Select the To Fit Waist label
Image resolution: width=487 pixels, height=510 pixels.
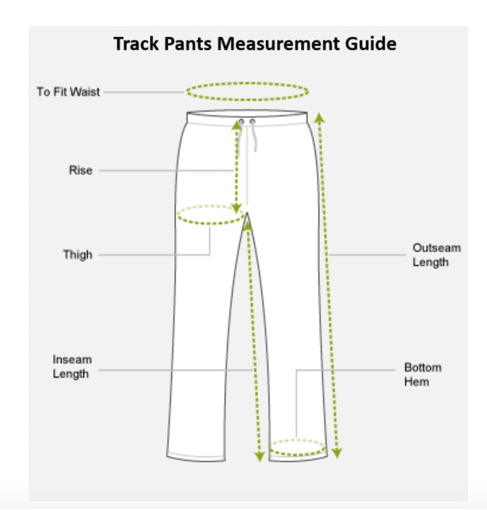pyautogui.click(x=68, y=92)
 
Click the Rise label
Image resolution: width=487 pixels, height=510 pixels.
pyautogui.click(x=80, y=170)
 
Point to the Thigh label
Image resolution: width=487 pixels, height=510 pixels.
pyautogui.click(x=78, y=255)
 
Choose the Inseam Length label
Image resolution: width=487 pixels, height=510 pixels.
pyautogui.click(x=72, y=367)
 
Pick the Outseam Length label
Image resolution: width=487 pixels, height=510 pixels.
pyautogui.click(x=436, y=255)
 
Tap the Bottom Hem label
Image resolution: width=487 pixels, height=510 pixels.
pyautogui.click(x=423, y=375)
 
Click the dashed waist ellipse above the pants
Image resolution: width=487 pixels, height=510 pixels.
pyautogui.click(x=247, y=90)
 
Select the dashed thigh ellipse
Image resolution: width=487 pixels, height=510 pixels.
pyautogui.click(x=209, y=215)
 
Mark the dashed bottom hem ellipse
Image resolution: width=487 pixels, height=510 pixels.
pyautogui.click(x=297, y=449)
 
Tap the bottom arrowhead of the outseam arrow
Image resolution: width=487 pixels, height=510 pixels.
pyautogui.click(x=337, y=454)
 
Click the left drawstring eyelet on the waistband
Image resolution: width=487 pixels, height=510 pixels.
pyautogui.click(x=242, y=122)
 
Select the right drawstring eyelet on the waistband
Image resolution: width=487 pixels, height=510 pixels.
pyautogui.click(x=252, y=122)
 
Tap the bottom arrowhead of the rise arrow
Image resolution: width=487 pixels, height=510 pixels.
pyautogui.click(x=236, y=207)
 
